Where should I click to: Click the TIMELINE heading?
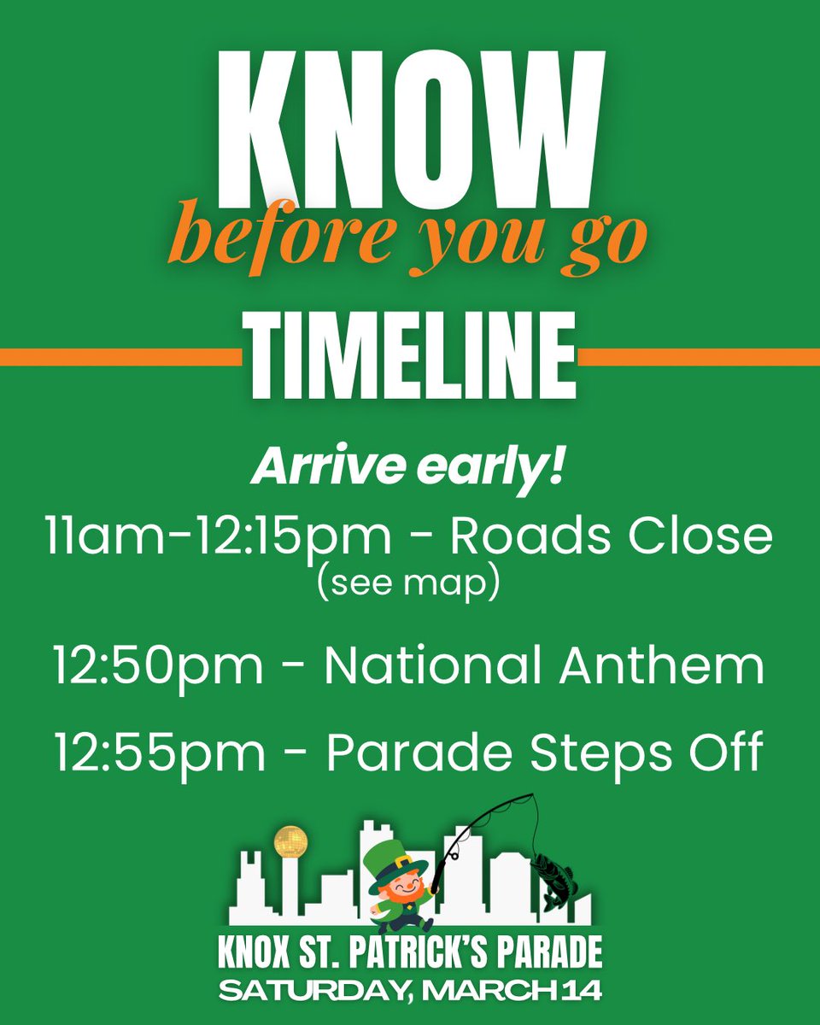pyautogui.click(x=410, y=355)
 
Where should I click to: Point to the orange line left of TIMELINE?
pyautogui.click(x=120, y=357)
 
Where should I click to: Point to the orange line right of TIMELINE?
pyautogui.click(x=700, y=357)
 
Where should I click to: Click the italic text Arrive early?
pyautogui.click(x=407, y=471)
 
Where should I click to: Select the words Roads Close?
pyautogui.click(x=611, y=535)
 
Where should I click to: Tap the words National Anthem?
pyautogui.click(x=544, y=667)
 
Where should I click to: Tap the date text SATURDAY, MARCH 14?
pyautogui.click(x=410, y=991)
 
